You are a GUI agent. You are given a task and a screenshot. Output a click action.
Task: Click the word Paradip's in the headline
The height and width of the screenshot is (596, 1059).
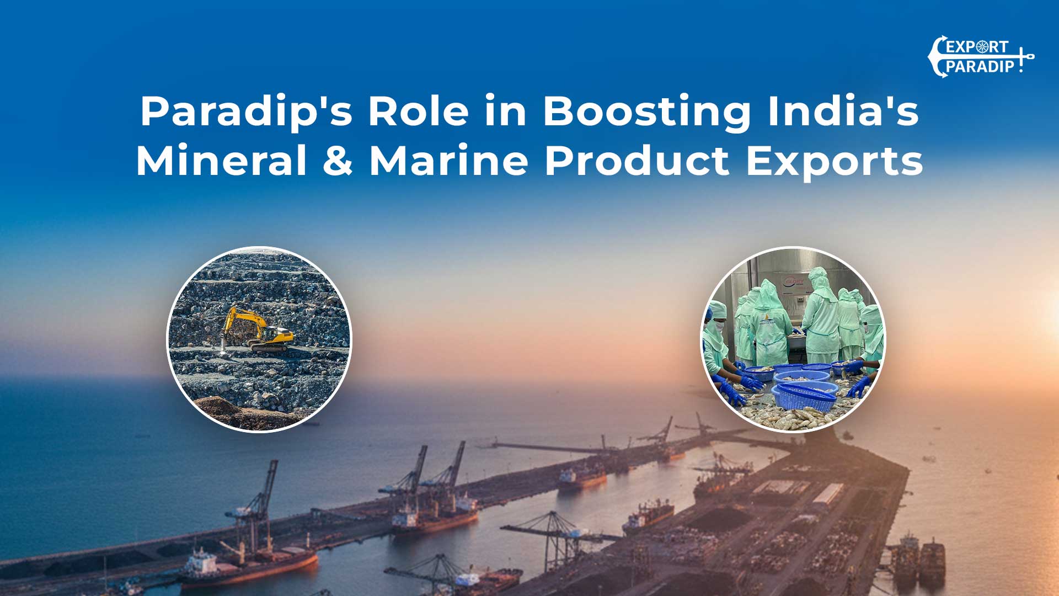[x=246, y=113]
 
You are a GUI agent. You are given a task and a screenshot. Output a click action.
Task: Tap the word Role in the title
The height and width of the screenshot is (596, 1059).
[x=419, y=111]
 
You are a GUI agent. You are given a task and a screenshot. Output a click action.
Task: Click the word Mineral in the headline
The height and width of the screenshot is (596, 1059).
[x=221, y=161]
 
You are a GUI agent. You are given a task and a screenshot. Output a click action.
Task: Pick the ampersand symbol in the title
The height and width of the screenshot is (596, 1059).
[x=338, y=161]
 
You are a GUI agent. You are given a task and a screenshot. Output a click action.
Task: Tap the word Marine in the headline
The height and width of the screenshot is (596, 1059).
[x=448, y=161]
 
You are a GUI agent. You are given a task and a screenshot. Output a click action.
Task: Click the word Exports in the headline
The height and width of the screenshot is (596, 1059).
[x=834, y=162]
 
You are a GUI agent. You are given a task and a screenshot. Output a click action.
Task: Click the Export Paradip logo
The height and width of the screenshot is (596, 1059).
[x=980, y=56]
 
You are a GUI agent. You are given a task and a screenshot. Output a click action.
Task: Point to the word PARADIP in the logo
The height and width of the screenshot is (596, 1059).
[x=980, y=67]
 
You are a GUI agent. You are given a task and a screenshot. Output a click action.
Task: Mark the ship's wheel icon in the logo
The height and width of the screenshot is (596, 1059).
[x=982, y=47]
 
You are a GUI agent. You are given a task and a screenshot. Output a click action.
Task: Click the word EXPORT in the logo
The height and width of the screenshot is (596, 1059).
[x=977, y=47]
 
